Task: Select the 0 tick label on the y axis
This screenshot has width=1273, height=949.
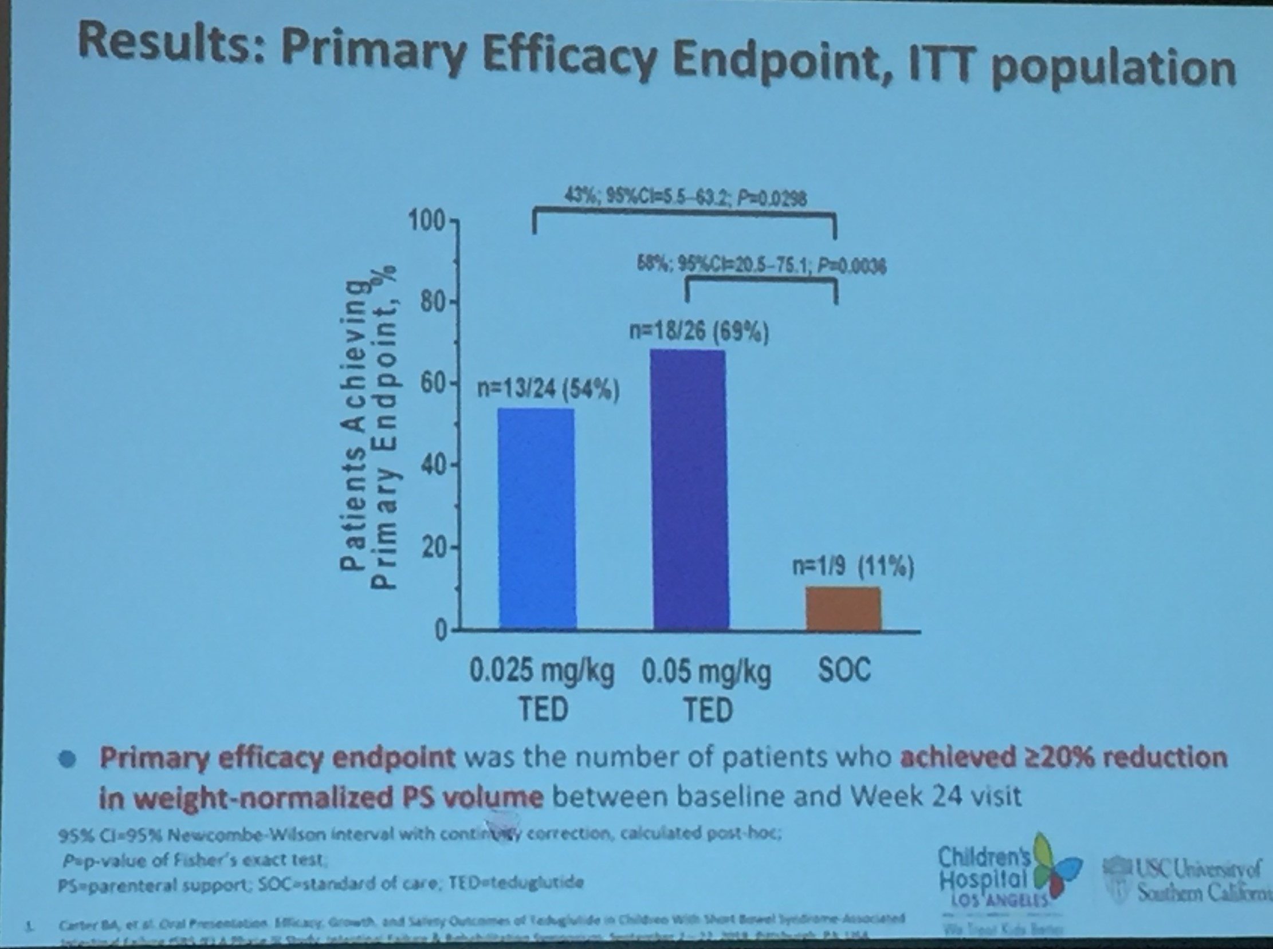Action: coord(440,631)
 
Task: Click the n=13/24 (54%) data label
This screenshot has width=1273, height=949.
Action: coord(548,390)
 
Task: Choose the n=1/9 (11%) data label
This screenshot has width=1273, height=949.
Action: coord(853,567)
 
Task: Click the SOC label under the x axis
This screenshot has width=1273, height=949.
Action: coord(844,670)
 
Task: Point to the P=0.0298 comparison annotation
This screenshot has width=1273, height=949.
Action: coord(771,198)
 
